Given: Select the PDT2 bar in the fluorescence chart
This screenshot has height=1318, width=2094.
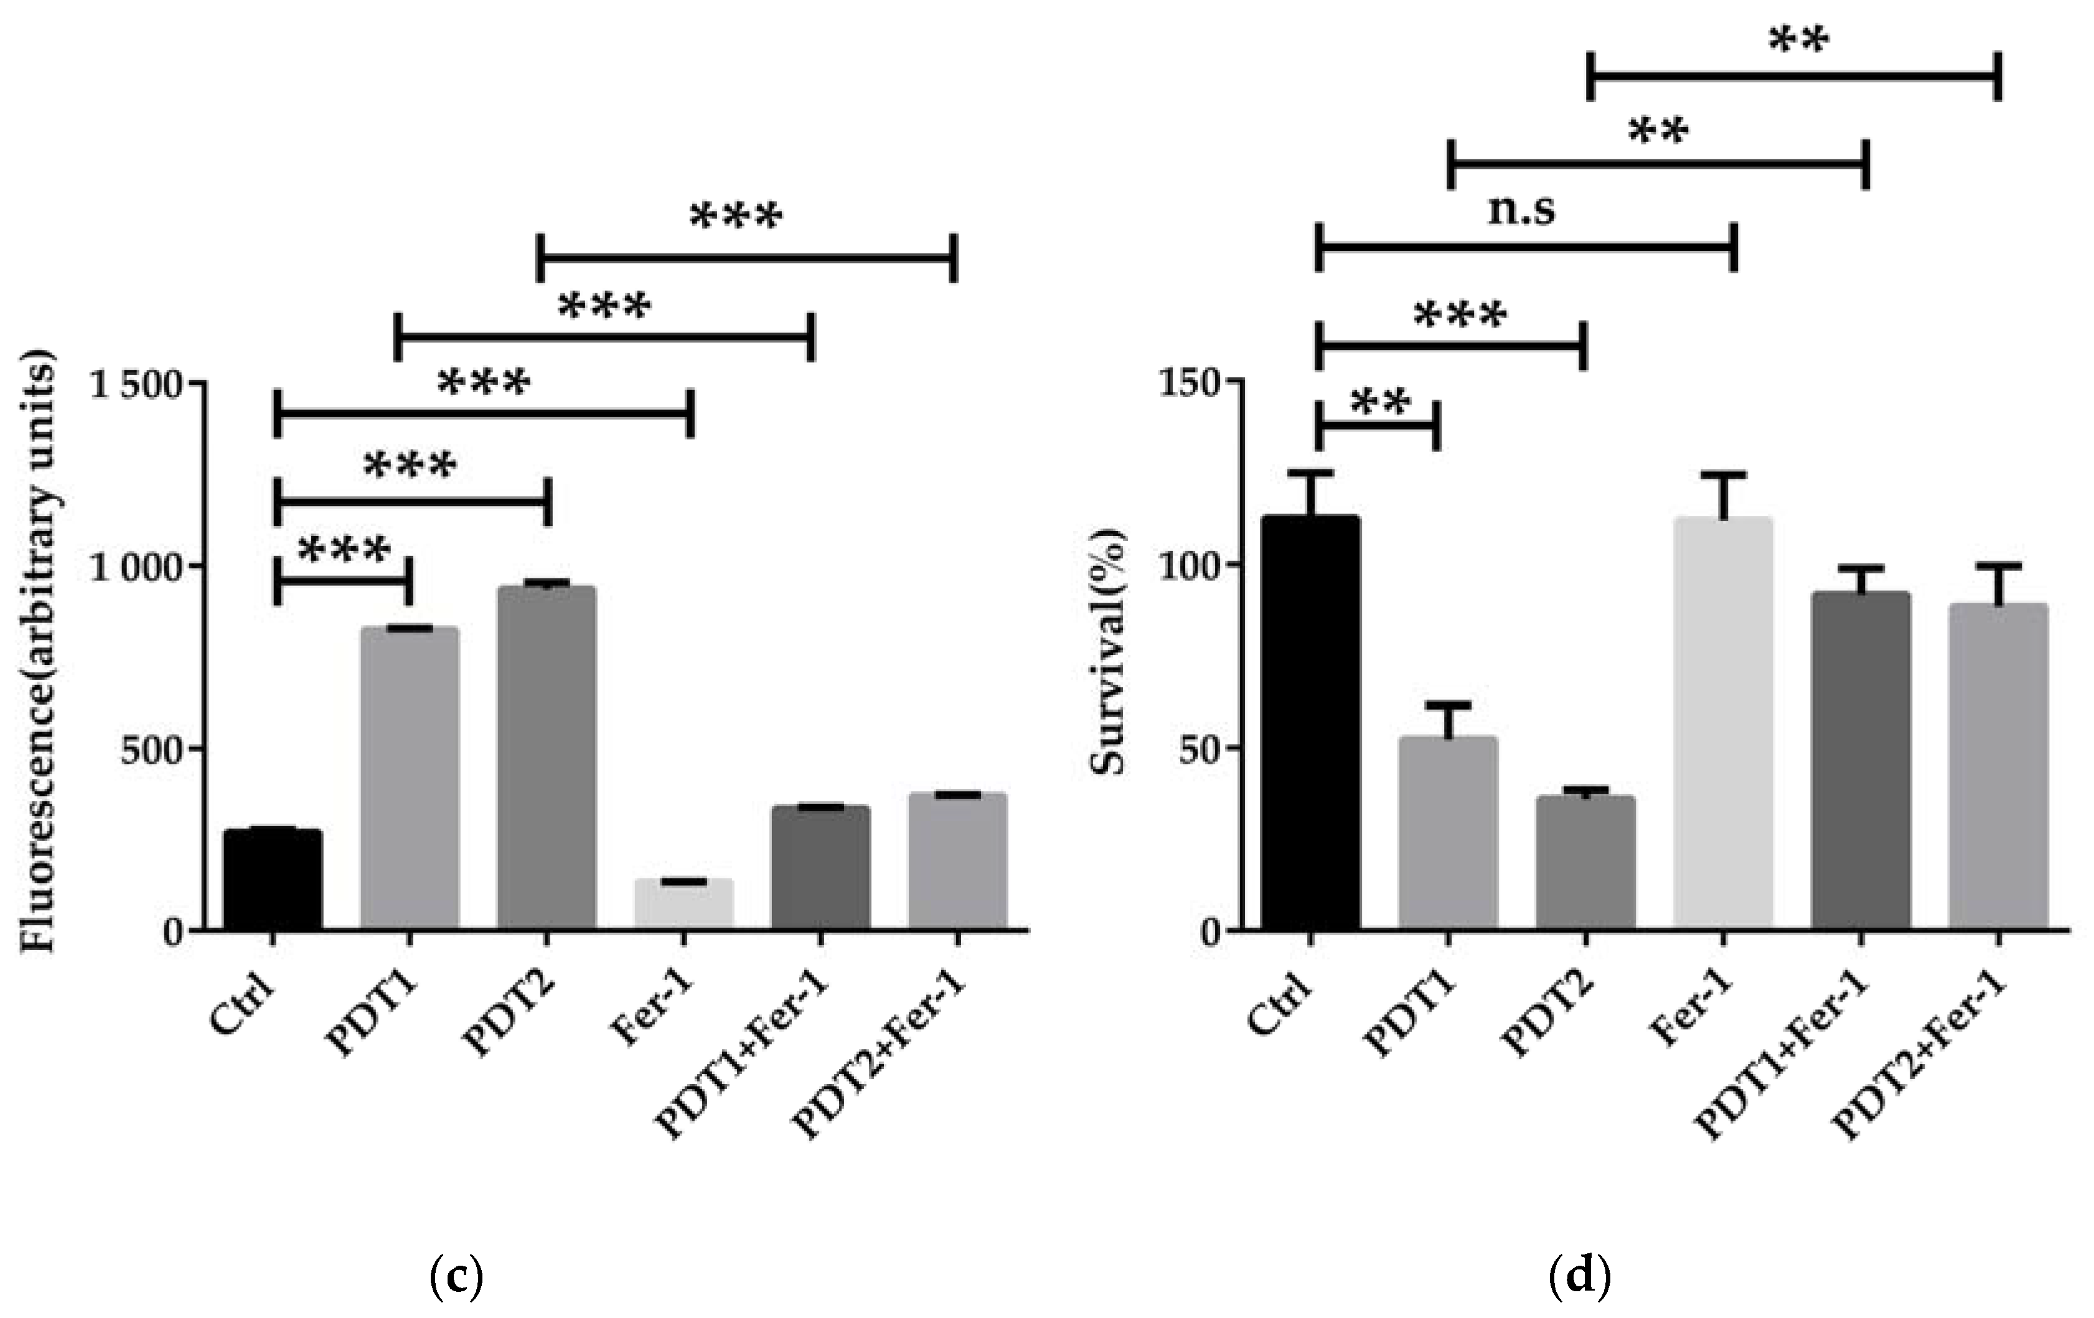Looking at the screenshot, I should click(x=546, y=757).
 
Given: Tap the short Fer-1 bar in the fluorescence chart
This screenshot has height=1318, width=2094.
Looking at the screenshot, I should click(x=683, y=905).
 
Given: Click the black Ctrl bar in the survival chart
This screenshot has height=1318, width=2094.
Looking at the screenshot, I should click(x=1310, y=722).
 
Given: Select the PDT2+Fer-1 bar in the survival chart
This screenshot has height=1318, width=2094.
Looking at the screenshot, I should click(x=1998, y=766).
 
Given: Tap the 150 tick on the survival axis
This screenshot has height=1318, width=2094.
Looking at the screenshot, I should click(x=1189, y=383).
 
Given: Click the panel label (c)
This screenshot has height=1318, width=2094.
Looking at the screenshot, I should click(x=456, y=1276).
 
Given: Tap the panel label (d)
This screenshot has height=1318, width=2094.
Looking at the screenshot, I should click(x=1579, y=1276).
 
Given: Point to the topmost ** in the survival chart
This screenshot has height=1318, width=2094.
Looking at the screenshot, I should click(x=1799, y=39).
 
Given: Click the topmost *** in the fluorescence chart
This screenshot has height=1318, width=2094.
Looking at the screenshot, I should click(x=736, y=216).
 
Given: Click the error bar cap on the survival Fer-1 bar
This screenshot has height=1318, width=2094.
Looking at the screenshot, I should click(x=1722, y=475).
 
